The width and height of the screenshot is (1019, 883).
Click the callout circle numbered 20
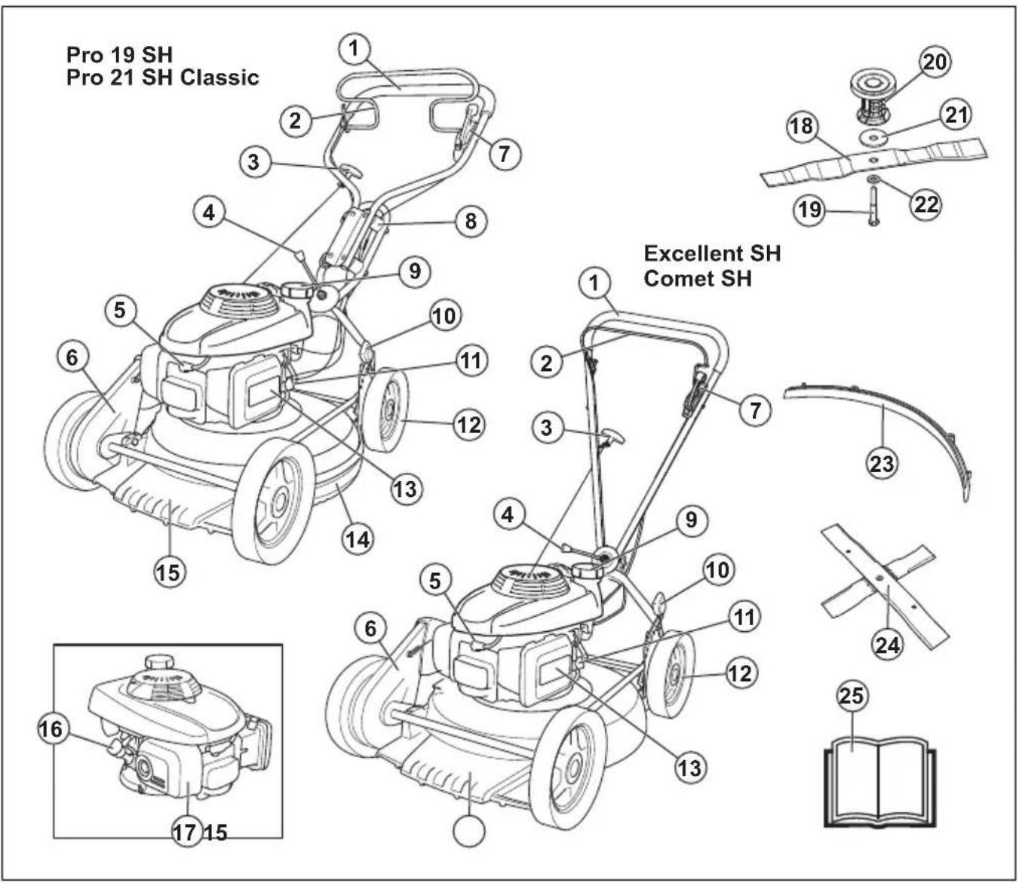[935, 62]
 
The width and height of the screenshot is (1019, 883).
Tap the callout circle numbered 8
[471, 221]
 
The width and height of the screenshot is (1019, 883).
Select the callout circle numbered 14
[358, 540]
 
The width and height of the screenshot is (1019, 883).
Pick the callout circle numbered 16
[53, 728]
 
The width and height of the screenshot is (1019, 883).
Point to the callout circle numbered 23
[882, 463]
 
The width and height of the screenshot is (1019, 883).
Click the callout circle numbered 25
[852, 696]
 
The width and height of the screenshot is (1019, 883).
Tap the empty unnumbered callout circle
[468, 830]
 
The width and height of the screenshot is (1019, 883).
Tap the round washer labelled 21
[874, 140]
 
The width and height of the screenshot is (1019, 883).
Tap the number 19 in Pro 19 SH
[124, 54]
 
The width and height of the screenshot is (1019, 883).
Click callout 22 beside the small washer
[925, 204]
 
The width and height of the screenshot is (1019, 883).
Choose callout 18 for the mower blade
[802, 126]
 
